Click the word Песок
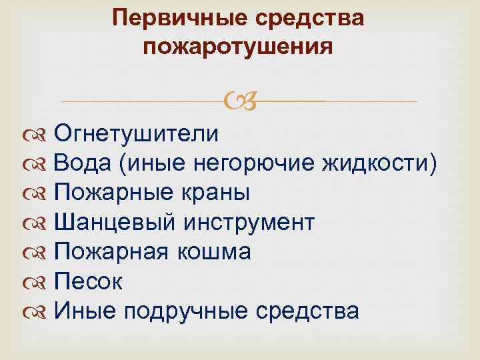88,281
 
